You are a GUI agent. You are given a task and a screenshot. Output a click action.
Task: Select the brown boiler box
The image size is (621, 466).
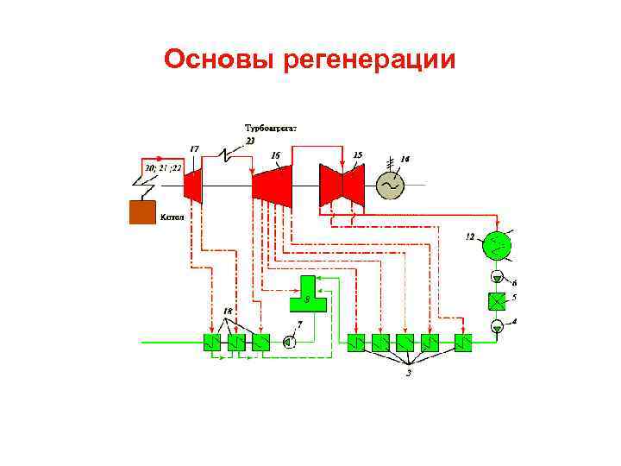tap(142, 212)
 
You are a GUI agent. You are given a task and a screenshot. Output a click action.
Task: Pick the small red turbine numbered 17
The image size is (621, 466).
tap(194, 184)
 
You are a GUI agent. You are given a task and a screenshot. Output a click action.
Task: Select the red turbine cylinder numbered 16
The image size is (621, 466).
tap(271, 184)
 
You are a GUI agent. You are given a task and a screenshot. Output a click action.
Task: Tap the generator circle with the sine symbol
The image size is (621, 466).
tap(391, 185)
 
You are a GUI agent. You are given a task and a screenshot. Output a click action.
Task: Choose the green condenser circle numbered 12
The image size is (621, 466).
tap(496, 245)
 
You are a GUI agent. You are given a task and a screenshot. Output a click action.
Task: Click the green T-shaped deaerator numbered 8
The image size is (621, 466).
tap(309, 295)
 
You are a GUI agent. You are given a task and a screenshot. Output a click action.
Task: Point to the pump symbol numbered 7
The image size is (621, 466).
tap(289, 343)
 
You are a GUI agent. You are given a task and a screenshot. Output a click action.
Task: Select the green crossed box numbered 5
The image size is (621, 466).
tap(497, 301)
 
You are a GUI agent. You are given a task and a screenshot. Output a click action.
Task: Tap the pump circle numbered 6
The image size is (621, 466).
tap(497, 277)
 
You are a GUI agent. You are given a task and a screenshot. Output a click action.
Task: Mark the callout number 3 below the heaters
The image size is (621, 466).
tap(409, 375)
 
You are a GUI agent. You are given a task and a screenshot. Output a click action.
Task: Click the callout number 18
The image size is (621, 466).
tap(228, 311)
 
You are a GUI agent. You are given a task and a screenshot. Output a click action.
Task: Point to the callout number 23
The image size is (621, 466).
tap(250, 140)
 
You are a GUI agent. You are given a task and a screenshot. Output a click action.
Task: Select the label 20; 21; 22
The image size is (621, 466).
tap(162, 167)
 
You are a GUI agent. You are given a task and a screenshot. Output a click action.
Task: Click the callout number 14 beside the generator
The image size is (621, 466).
tap(405, 159)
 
